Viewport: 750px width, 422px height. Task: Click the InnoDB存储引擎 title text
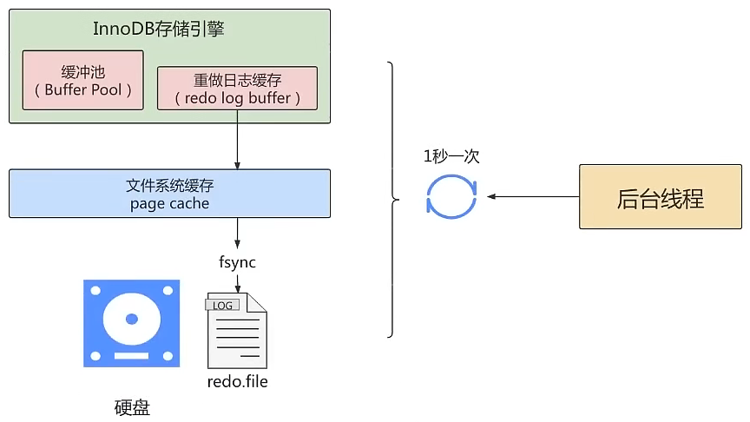pos(158,29)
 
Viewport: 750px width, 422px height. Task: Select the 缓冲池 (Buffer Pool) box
pos(82,81)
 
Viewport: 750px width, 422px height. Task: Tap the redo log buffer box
pos(237,89)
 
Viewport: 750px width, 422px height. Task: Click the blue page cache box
pos(169,194)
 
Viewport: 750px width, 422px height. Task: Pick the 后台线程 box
pos(661,196)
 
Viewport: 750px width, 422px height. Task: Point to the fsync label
pos(237,262)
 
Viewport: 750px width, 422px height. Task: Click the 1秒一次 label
pos(451,156)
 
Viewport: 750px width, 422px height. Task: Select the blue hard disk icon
pos(132,323)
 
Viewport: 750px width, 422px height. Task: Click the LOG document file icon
pos(237,331)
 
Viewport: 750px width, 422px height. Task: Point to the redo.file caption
pos(237,381)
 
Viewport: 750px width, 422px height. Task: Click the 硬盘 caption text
pos(132,407)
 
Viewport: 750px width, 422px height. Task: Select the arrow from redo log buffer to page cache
pos(237,140)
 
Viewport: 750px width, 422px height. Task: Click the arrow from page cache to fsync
pos(237,233)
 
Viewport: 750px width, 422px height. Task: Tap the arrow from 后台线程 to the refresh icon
pos(533,196)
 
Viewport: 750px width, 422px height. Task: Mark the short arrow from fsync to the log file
pos(237,282)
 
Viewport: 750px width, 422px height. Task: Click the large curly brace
pos(392,200)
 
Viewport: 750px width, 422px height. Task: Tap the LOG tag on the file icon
pos(222,306)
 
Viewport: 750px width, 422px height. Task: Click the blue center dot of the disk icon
pos(132,320)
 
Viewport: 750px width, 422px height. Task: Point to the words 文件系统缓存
pos(169,185)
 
